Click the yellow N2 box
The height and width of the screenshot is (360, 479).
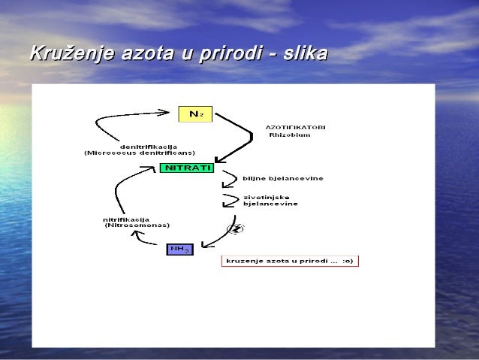tap(196, 114)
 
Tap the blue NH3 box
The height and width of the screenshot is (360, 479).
tap(179, 248)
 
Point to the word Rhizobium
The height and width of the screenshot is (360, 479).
tap(289, 135)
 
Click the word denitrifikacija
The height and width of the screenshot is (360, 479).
tap(149, 146)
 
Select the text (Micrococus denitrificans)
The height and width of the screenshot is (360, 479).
tap(140, 153)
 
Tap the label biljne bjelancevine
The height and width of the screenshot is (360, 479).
tap(282, 179)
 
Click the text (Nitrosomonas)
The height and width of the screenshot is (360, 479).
tap(137, 225)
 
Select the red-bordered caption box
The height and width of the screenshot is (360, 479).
tap(290, 261)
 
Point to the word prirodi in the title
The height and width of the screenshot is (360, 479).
tap(230, 54)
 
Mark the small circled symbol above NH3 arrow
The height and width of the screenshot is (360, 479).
tap(235, 228)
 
